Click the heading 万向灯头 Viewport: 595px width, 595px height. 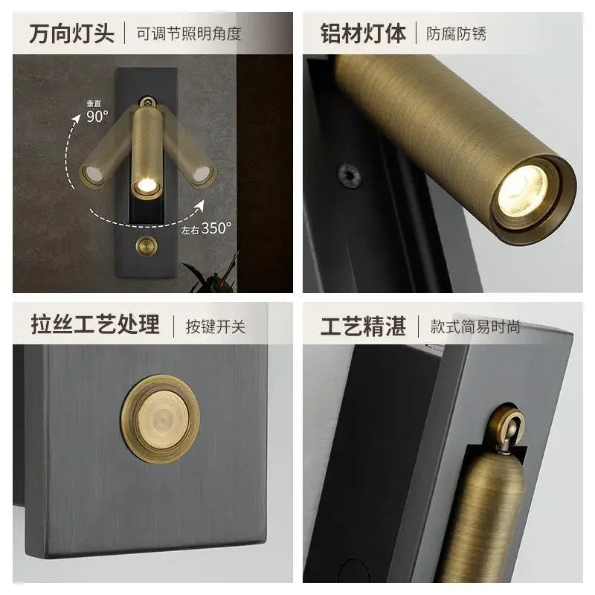tap(71, 33)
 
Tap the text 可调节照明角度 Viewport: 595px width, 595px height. tap(189, 33)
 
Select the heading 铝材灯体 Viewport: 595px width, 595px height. tap(364, 33)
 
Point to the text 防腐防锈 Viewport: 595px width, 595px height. tap(456, 33)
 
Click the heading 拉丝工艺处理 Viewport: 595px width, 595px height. tap(95, 325)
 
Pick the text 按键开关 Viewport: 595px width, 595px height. tap(216, 326)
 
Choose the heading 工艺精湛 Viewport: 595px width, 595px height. tap(364, 325)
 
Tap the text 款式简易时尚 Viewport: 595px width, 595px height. tap(475, 326)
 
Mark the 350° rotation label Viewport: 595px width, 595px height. tap(215, 228)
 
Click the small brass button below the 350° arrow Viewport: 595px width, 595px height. tap(147, 245)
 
